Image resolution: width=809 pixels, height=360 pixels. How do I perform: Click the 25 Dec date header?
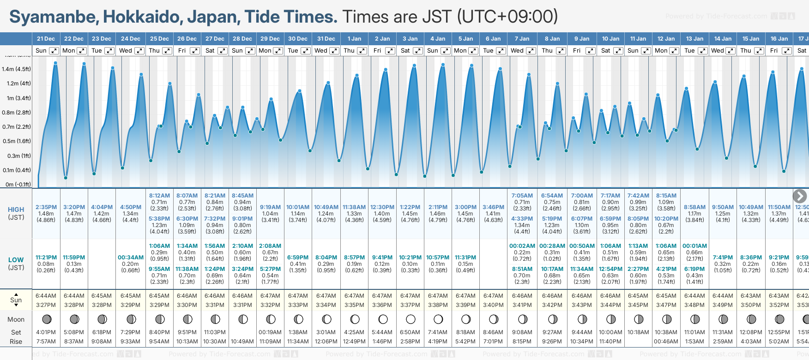click(x=159, y=39)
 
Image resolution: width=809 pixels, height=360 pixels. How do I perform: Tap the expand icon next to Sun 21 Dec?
click(x=54, y=51)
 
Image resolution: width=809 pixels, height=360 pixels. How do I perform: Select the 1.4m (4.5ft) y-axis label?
click(x=16, y=69)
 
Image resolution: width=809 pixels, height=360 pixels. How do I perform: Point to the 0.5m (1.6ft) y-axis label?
click(x=16, y=141)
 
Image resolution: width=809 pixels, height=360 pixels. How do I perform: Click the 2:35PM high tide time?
click(x=46, y=207)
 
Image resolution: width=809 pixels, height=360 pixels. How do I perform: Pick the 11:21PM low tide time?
click(x=46, y=258)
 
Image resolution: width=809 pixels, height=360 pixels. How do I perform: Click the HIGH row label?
click(x=16, y=210)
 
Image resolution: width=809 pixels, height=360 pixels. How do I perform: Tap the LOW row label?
click(x=16, y=260)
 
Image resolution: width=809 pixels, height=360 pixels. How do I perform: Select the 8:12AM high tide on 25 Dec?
click(x=159, y=196)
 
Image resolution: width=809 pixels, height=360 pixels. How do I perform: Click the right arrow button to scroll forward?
click(x=799, y=196)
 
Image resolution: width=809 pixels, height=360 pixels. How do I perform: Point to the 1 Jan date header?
click(x=354, y=39)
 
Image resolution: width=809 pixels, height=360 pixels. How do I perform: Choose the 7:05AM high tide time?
click(x=522, y=196)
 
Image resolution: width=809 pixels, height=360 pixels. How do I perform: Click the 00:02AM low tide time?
click(x=522, y=246)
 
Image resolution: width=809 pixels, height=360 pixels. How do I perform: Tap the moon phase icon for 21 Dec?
click(x=46, y=319)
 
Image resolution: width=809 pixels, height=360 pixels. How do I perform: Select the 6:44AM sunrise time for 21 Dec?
click(x=46, y=296)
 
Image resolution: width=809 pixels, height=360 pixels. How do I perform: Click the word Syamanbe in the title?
click(x=54, y=17)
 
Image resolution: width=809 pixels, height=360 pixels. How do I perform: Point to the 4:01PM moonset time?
click(x=46, y=332)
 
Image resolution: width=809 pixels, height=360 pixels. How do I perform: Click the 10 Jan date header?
click(x=610, y=39)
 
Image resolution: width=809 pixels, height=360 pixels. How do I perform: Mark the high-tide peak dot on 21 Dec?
click(x=55, y=63)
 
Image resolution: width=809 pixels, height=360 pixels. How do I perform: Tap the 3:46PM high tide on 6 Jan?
click(x=493, y=207)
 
